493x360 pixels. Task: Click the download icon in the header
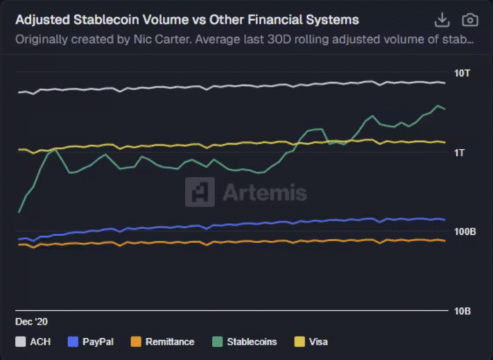(x=442, y=20)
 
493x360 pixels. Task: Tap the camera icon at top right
(x=471, y=20)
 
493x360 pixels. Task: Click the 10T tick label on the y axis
(x=462, y=73)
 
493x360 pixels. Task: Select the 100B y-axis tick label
(x=465, y=232)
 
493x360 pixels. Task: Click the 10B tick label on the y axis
(x=462, y=311)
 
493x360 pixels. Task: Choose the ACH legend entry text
(x=40, y=341)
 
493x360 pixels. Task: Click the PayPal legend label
(x=98, y=341)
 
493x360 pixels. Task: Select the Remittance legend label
(x=170, y=341)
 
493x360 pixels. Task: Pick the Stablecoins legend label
(x=252, y=341)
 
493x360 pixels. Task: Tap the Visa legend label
(x=318, y=341)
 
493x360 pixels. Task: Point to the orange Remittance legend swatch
(x=135, y=341)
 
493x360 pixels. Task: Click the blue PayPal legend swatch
(x=73, y=341)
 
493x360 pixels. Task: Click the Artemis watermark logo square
(x=200, y=192)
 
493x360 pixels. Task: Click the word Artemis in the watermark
(x=264, y=193)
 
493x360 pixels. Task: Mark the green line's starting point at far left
(x=19, y=212)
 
